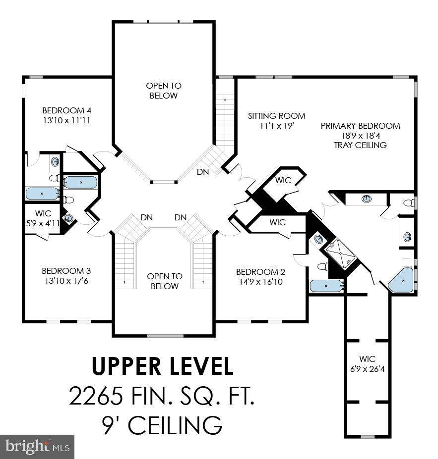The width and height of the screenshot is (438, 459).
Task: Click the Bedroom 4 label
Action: (67, 110)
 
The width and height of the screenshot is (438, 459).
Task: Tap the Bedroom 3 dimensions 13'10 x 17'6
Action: (66, 281)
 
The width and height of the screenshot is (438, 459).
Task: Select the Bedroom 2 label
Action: (260, 272)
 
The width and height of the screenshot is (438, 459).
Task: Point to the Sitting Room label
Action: (276, 116)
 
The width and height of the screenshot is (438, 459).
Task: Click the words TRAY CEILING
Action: (360, 145)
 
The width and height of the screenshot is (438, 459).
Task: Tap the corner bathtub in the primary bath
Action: (401, 280)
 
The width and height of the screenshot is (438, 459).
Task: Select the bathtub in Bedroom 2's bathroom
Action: (326, 286)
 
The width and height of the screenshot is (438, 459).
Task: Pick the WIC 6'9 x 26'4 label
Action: (368, 364)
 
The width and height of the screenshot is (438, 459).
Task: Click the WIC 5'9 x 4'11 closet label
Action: (43, 218)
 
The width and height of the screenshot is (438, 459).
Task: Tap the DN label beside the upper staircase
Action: (203, 172)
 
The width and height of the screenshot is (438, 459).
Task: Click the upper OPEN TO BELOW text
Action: (164, 91)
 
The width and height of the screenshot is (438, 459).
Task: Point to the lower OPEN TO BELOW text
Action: (165, 281)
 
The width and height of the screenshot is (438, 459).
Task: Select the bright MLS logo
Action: (37, 447)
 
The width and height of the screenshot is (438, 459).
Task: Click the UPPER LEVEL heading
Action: (163, 366)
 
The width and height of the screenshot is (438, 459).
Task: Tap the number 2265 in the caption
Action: (96, 396)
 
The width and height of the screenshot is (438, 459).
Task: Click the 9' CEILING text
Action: (162, 425)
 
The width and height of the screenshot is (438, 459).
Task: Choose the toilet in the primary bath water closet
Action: (409, 203)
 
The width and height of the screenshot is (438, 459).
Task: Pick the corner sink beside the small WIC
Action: (68, 218)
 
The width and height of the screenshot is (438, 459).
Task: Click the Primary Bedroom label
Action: (360, 126)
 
